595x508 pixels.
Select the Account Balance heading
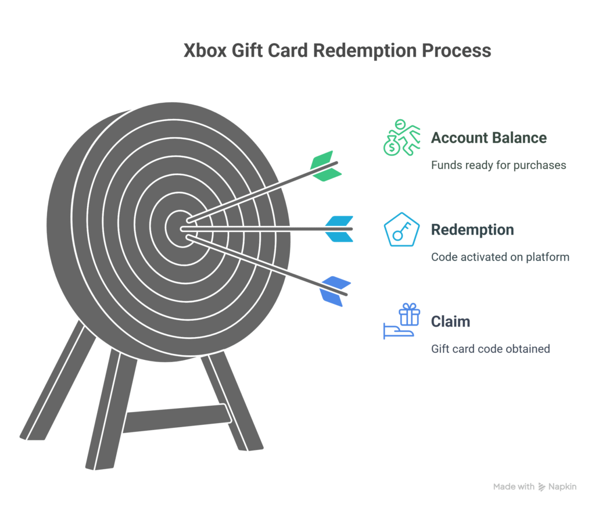(489, 138)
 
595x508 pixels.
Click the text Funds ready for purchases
(499, 165)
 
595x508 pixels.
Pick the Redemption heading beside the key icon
(472, 230)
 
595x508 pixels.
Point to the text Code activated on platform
(500, 257)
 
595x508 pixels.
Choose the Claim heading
(450, 321)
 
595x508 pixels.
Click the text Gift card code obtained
(490, 349)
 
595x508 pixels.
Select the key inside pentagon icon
(402, 230)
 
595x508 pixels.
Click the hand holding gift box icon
(402, 321)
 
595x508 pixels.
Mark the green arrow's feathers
(326, 166)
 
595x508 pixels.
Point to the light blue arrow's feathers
(339, 229)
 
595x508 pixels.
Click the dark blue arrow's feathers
(335, 291)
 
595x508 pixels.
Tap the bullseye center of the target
(181, 228)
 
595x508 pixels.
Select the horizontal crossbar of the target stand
(177, 418)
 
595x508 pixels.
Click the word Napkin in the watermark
(562, 486)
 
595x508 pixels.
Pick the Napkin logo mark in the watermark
(542, 487)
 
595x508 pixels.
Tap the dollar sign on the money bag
(392, 147)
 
